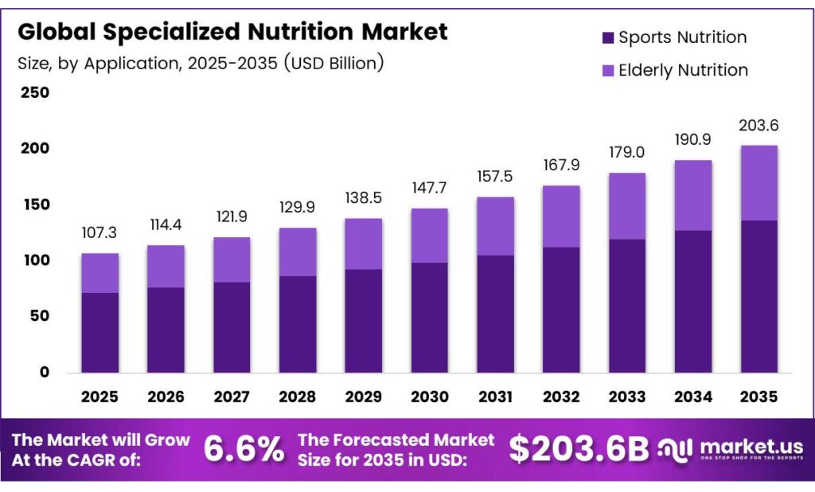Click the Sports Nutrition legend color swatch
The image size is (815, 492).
608,37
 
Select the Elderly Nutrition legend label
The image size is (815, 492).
683,70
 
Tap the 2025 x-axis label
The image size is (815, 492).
99,396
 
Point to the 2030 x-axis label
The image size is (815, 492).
429,396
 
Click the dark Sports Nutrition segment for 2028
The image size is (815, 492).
297,324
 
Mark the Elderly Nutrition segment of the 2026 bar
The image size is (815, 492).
166,266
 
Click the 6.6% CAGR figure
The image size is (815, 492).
244,450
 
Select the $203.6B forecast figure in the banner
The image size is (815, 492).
579,450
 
